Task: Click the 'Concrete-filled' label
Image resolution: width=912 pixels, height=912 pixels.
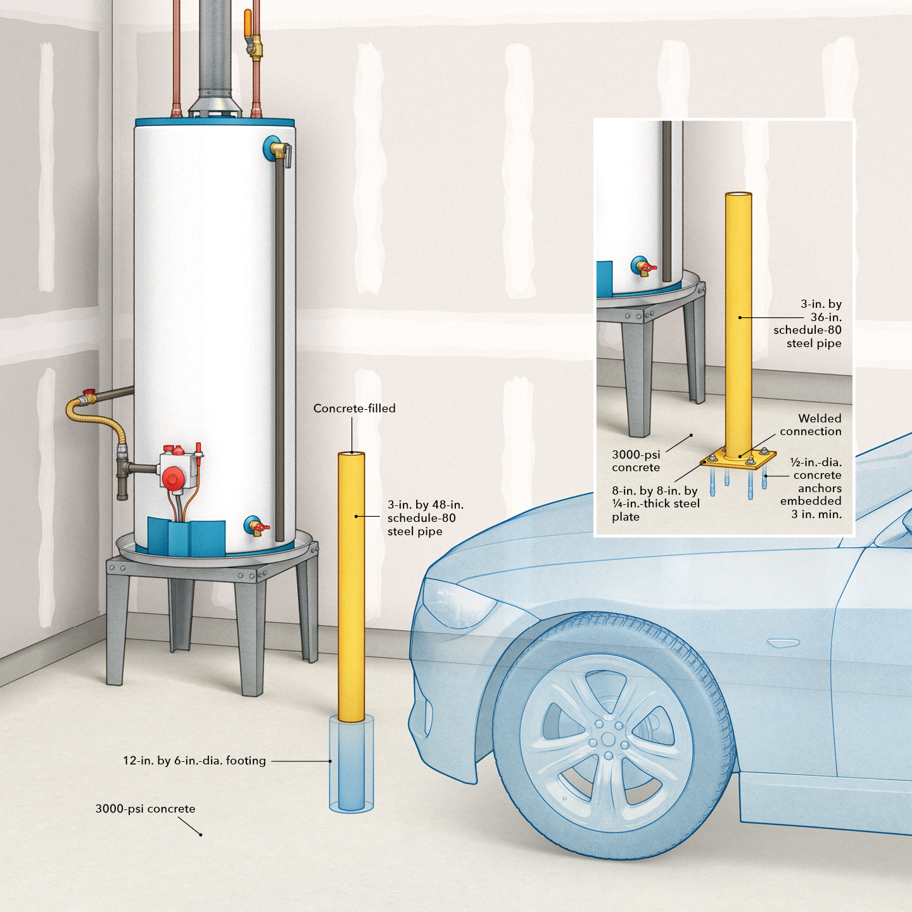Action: (354, 408)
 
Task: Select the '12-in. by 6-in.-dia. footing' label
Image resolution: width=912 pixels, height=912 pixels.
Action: (194, 761)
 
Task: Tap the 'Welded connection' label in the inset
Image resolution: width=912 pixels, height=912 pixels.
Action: (811, 425)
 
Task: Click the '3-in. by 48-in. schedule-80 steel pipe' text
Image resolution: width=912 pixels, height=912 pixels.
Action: (425, 518)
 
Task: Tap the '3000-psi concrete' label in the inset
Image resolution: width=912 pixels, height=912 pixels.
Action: (636, 461)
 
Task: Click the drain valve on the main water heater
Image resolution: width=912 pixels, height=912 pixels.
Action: (256, 526)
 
